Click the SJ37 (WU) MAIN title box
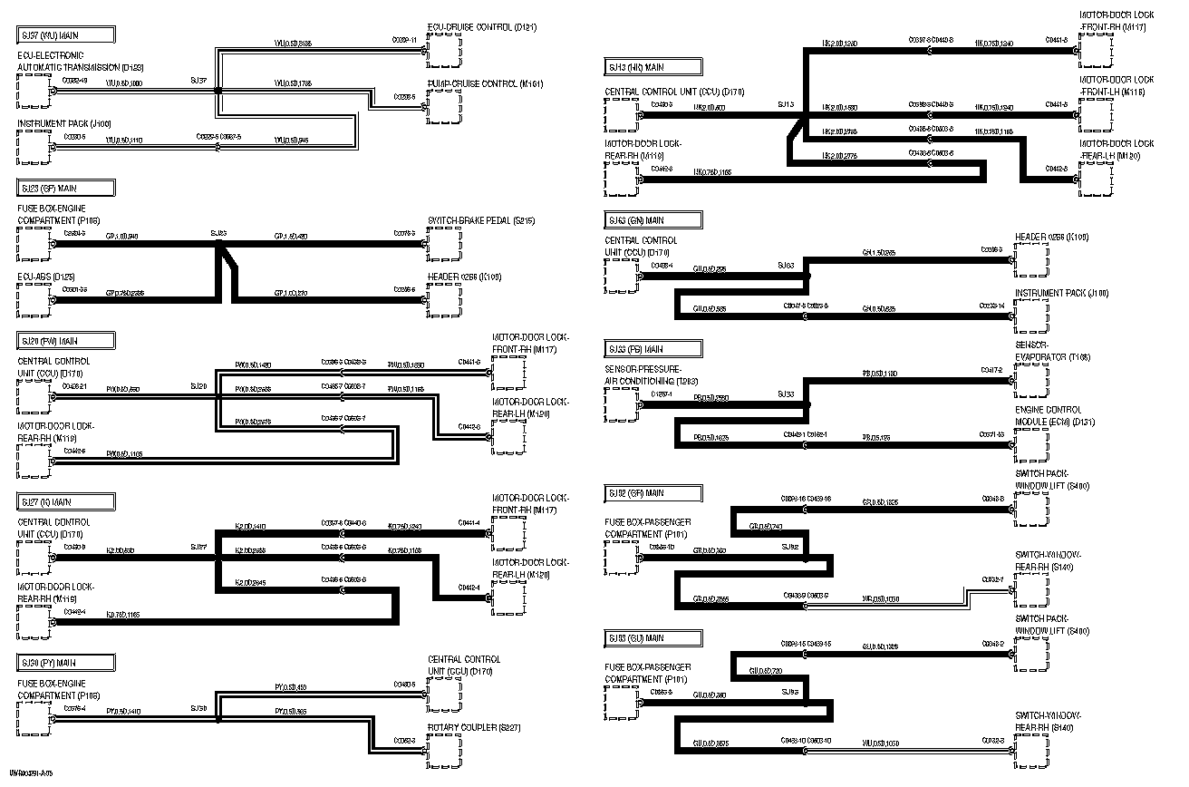65,35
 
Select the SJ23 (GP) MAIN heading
65,188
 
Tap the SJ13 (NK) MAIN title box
652,66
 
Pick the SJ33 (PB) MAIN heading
652,349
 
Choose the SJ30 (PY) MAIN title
65,663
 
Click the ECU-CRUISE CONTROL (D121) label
481,27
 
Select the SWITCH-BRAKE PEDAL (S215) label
481,220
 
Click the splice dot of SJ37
217,90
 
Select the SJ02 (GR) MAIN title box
652,493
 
